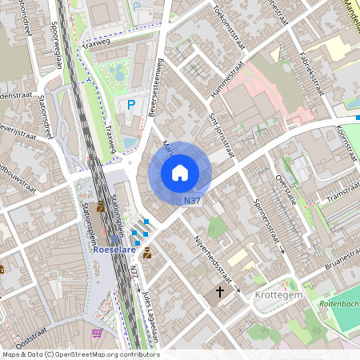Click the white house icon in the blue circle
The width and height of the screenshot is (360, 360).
click(x=180, y=172)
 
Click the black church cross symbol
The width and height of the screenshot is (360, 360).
click(x=218, y=293)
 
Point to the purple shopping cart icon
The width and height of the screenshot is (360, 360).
click(x=98, y=333)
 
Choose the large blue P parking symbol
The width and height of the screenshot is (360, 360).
click(x=130, y=105)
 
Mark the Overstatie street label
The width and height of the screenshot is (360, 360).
click(x=286, y=189)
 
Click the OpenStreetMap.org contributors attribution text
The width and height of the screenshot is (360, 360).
click(x=109, y=354)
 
